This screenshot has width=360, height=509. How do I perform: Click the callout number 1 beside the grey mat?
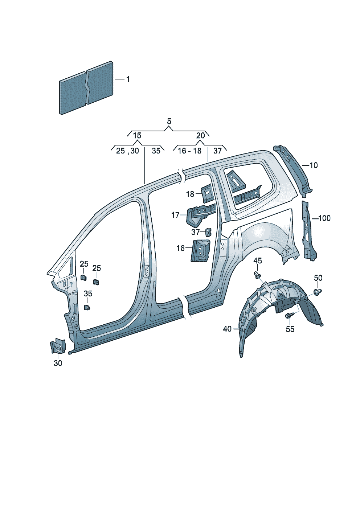(x=128, y=79)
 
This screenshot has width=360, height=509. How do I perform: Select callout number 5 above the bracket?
(x=169, y=121)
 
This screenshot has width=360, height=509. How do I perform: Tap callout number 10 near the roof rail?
(x=314, y=165)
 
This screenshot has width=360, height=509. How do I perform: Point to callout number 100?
(x=324, y=218)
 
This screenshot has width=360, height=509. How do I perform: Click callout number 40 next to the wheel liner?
(x=227, y=329)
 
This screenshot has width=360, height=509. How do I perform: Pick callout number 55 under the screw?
(x=290, y=329)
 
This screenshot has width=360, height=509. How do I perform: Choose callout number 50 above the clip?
(x=318, y=278)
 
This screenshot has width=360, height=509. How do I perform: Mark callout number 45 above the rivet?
(x=258, y=260)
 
